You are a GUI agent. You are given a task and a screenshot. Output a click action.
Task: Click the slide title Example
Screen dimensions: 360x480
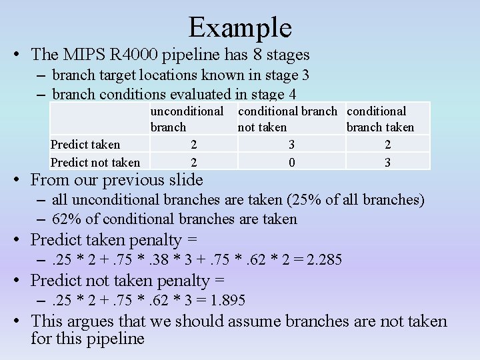[240, 27]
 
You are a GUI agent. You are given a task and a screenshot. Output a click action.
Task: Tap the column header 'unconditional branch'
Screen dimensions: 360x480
[187, 119]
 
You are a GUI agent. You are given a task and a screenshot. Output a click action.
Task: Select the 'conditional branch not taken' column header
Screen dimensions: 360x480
[290, 119]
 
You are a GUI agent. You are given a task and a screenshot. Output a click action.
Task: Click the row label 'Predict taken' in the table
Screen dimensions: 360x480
[85, 145]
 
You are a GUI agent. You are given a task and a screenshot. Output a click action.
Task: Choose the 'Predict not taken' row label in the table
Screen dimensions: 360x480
[95, 162]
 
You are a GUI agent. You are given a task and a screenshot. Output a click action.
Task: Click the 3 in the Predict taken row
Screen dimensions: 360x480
[291, 145]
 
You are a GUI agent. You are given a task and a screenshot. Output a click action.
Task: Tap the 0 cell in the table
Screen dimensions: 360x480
[291, 162]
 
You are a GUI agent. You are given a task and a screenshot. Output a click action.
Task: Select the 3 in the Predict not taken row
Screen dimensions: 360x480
[387, 162]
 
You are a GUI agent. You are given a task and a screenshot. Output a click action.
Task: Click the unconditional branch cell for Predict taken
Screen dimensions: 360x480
[193, 145]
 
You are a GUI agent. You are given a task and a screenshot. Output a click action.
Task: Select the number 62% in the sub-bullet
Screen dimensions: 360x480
[66, 219]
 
